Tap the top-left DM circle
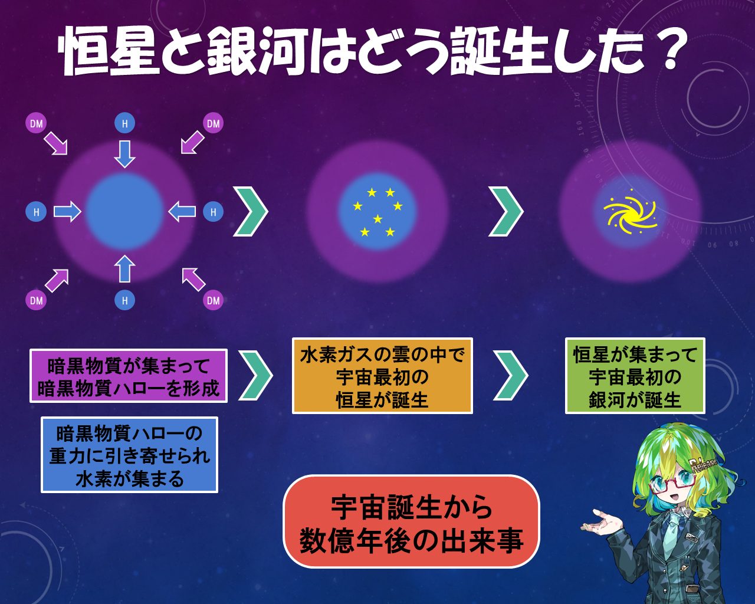(37, 123)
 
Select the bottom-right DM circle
(213, 300)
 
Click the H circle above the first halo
(124, 123)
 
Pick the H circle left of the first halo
(37, 212)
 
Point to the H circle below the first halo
(124, 300)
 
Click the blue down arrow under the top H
(124, 153)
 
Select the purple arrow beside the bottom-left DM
(57, 281)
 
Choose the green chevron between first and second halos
(251, 211)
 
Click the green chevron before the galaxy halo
(506, 211)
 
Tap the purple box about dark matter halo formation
(129, 376)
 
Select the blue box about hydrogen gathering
(129, 455)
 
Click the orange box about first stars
(382, 376)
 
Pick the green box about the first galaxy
(635, 376)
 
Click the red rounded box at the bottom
(411, 521)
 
